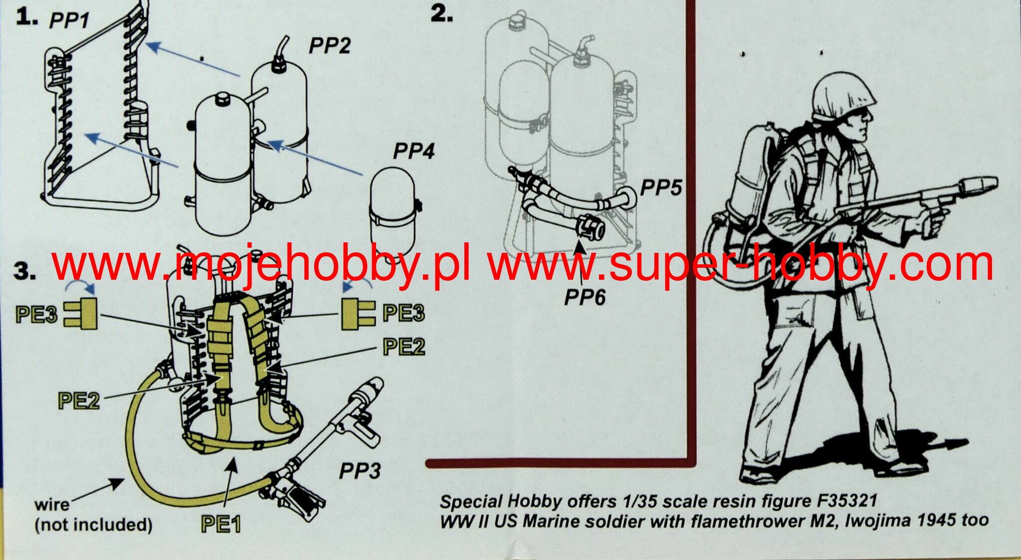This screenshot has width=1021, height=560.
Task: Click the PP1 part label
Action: (69, 20)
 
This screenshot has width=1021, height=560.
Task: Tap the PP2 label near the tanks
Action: (329, 45)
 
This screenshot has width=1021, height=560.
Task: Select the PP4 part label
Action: (413, 151)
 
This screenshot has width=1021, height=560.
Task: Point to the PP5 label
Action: (661, 188)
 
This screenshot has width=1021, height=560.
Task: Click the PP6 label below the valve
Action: (585, 297)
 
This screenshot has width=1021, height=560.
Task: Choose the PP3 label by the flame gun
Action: (360, 471)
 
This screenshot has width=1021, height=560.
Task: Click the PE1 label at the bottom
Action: (221, 524)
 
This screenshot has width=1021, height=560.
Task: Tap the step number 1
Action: (26, 17)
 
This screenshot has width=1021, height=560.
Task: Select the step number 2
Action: (441, 14)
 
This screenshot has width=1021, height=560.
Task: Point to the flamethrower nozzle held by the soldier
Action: (978, 185)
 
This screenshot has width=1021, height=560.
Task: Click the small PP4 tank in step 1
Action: (393, 209)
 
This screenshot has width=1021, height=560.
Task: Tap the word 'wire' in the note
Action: (52, 505)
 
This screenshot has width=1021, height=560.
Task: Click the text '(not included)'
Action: (93, 525)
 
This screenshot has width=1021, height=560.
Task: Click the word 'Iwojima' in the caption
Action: (890, 521)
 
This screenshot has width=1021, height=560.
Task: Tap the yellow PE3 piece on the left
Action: (80, 314)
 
